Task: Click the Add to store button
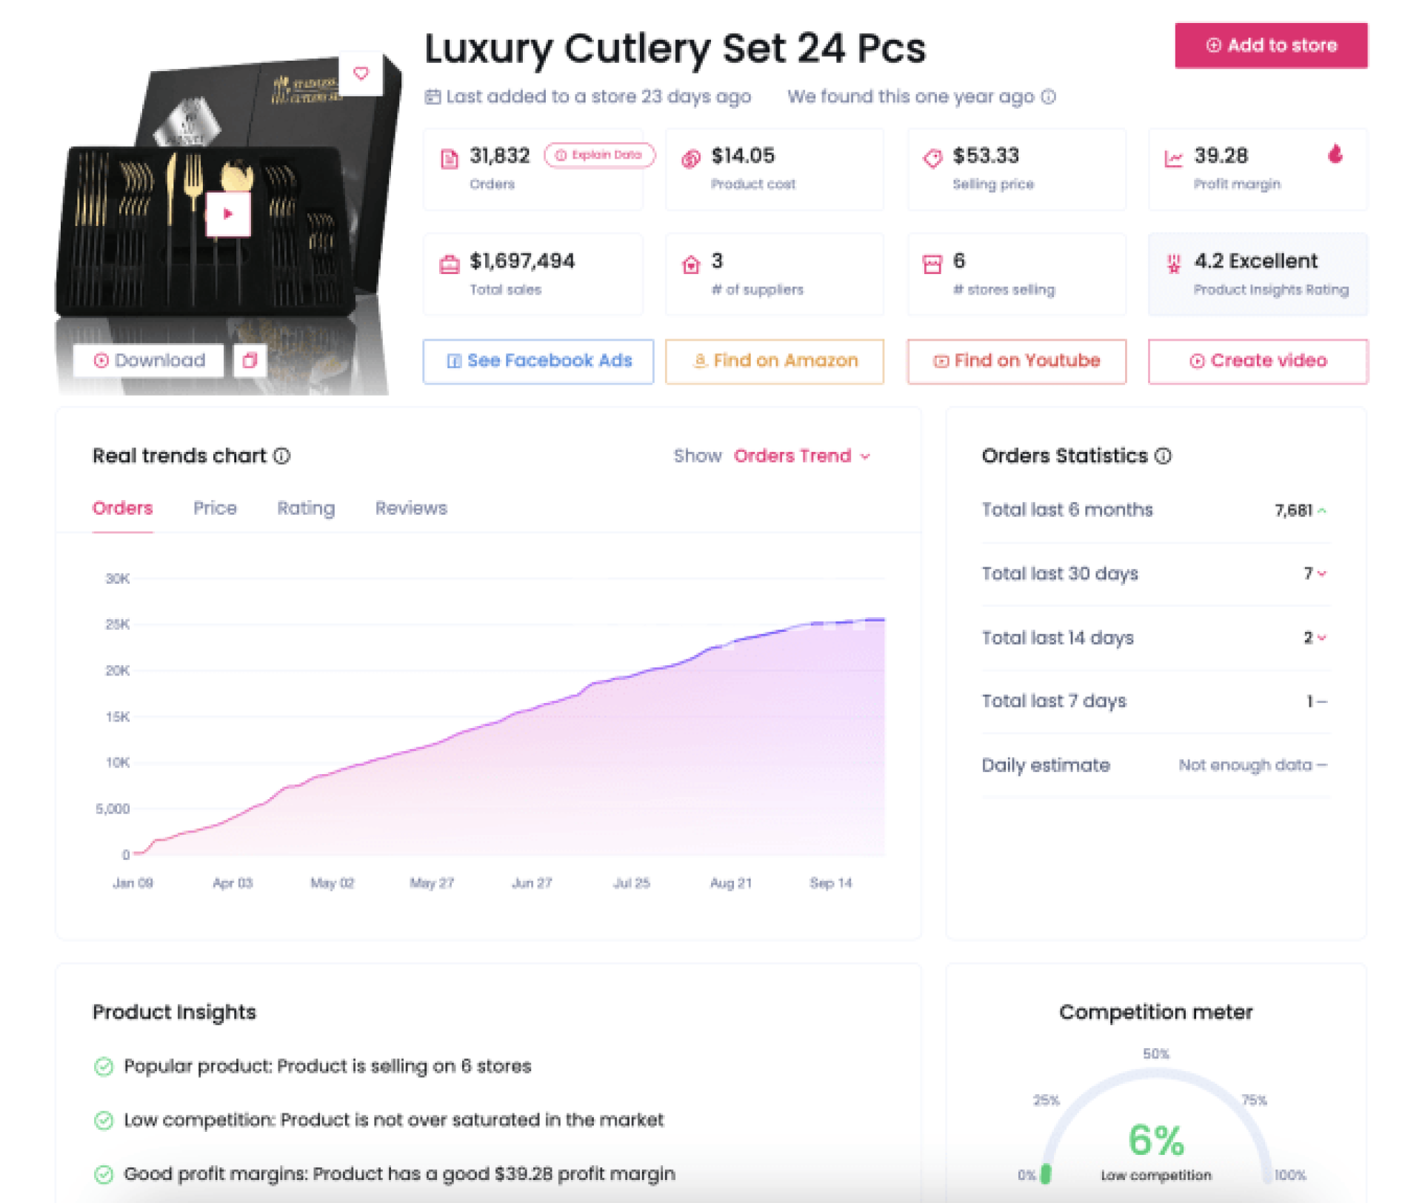(x=1271, y=46)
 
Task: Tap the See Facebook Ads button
(x=538, y=361)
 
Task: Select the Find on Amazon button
(x=775, y=361)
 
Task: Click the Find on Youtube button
(x=1017, y=361)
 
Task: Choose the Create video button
(x=1258, y=361)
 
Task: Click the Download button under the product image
(x=149, y=361)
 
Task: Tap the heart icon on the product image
(x=361, y=73)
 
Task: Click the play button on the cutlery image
(x=228, y=214)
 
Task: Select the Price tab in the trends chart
(x=215, y=508)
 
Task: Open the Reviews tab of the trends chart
(x=411, y=508)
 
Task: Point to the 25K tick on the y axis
(x=118, y=624)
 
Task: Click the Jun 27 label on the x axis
(x=532, y=883)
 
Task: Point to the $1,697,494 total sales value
(x=522, y=261)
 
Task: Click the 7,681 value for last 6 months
(x=1293, y=510)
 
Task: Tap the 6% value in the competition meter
(x=1156, y=1140)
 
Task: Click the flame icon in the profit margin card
(x=1335, y=154)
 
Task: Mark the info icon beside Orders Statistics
(x=1164, y=456)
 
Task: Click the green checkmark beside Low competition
(x=104, y=1120)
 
